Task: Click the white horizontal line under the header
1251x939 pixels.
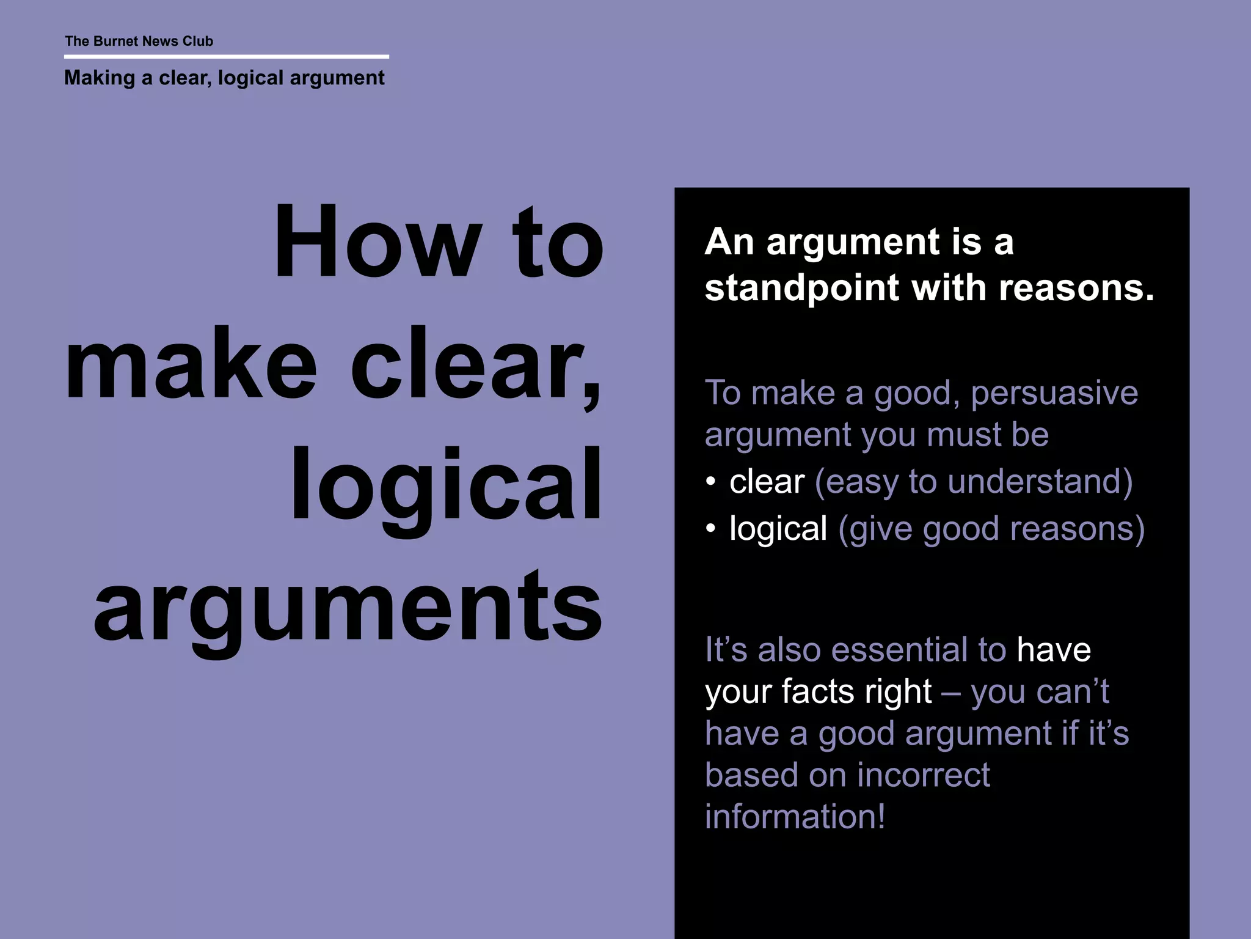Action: click(226, 57)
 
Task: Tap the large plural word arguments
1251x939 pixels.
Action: click(348, 608)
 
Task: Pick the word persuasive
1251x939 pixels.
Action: click(1054, 393)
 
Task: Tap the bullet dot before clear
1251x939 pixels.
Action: click(710, 482)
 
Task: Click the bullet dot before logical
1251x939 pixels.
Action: click(710, 529)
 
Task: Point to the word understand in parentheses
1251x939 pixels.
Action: click(1035, 482)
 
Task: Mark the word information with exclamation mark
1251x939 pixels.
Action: click(795, 817)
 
